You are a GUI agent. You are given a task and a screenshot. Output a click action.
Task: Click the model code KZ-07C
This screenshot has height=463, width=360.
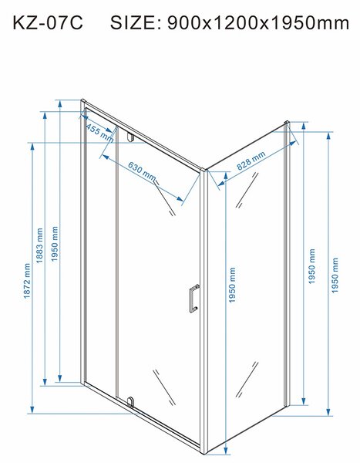tap(48, 22)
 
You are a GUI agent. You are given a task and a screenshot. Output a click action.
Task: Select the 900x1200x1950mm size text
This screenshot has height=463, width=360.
tap(258, 22)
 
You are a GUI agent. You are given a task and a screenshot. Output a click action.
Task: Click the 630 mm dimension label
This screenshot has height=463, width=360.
tap(142, 171)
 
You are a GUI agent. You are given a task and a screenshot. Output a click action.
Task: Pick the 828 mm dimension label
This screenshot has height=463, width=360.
tap(251, 161)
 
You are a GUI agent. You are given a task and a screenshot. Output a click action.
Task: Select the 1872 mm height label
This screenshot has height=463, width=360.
tap(27, 281)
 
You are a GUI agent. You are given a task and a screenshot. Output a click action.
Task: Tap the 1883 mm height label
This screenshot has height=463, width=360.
tap(39, 245)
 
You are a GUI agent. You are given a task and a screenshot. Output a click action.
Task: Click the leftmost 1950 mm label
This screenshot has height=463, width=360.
tap(55, 244)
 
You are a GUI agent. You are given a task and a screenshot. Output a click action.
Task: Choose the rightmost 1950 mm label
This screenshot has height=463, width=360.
tap(335, 275)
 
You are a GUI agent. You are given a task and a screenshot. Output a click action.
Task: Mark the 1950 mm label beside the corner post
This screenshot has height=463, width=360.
tap(233, 285)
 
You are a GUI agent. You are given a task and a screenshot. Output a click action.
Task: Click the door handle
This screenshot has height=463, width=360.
tap(193, 298)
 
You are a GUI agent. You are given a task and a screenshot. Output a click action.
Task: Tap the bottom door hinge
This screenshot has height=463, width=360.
tap(130, 402)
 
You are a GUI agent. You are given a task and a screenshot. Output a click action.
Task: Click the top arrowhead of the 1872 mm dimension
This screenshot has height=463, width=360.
tap(32, 147)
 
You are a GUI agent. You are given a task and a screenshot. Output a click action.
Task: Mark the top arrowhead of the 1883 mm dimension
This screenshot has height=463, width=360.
tap(45, 116)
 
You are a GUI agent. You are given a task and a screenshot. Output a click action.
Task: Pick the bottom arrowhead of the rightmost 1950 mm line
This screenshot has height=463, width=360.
tap(328, 412)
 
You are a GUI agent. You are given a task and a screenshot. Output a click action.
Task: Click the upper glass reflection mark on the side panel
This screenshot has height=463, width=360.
tap(247, 190)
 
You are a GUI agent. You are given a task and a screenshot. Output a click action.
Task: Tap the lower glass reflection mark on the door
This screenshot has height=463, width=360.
tap(164, 387)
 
